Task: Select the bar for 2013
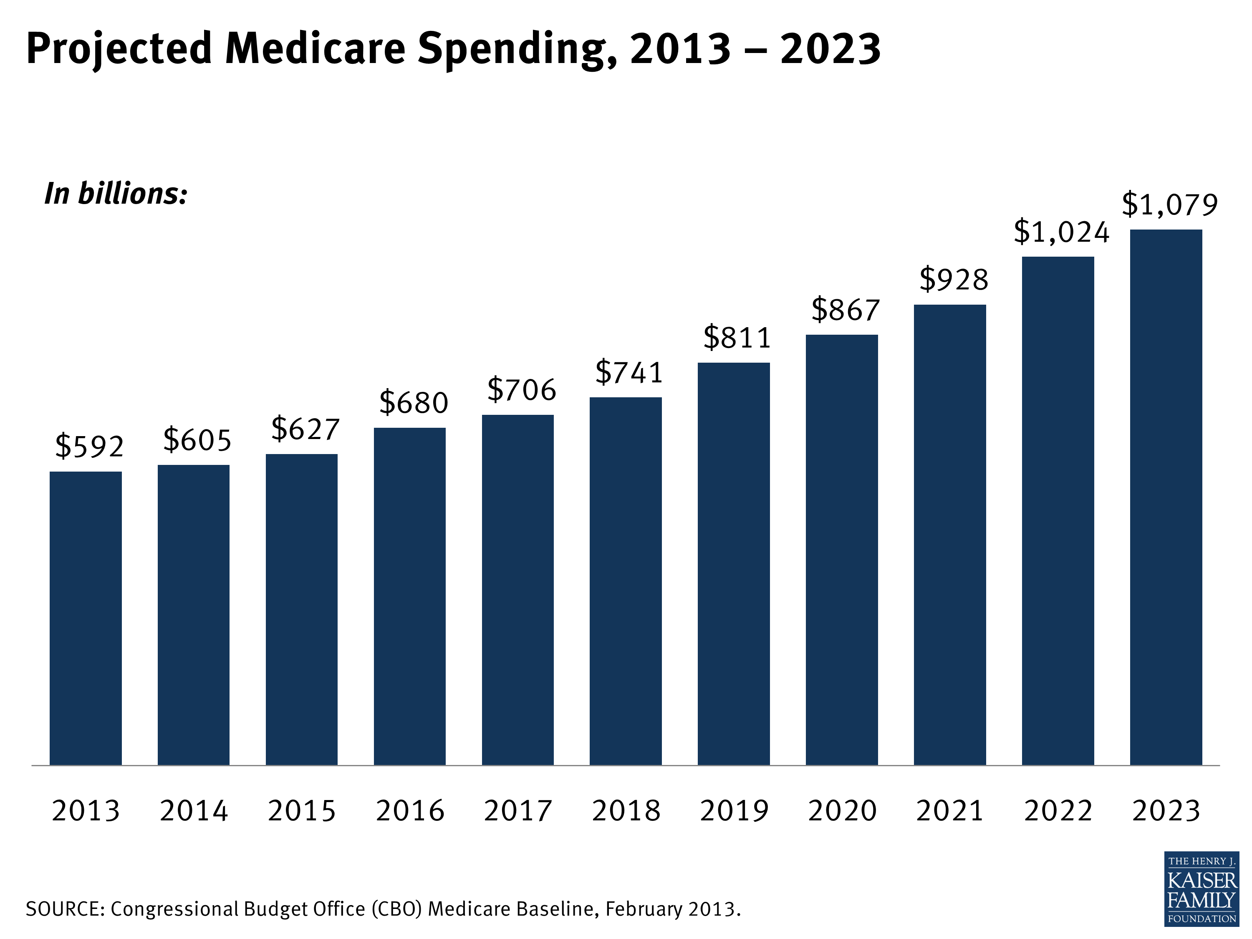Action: pos(86,618)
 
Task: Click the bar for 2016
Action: pos(410,596)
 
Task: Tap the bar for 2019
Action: pos(734,564)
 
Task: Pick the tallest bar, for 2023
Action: pos(1166,497)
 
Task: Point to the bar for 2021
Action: pos(950,535)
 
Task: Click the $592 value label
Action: pos(89,446)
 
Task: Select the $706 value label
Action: pos(522,389)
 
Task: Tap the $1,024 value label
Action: pos(1061,232)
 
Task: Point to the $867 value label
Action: pos(846,310)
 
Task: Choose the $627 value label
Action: pos(305,429)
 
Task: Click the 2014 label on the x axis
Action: pos(194,810)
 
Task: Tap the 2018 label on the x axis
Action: pos(626,810)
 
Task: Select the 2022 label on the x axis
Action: pos(1058,810)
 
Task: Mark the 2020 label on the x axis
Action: pos(842,810)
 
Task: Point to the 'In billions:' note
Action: pos(116,194)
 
